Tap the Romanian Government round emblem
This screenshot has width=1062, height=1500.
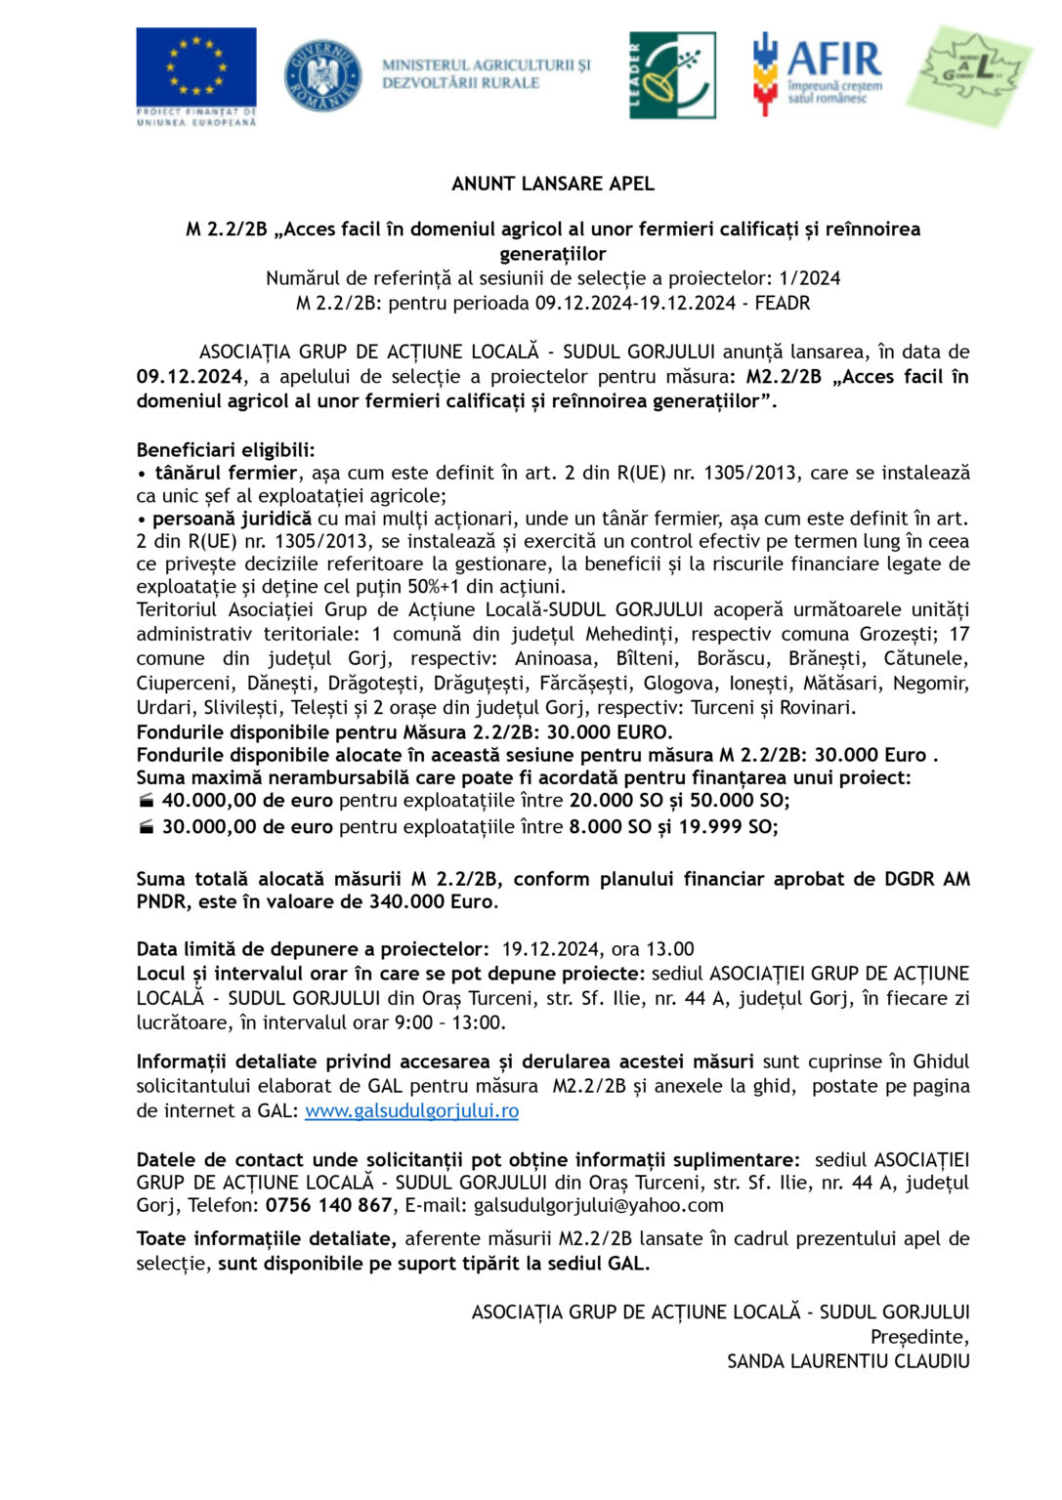pyautogui.click(x=322, y=75)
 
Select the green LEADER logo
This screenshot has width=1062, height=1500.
pyautogui.click(x=672, y=75)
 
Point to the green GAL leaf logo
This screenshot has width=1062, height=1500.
pyautogui.click(x=969, y=74)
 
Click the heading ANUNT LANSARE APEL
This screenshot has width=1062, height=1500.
pyautogui.click(x=553, y=184)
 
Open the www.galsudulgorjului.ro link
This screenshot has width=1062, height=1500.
pyautogui.click(x=411, y=1110)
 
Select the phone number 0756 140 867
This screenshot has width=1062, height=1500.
pyautogui.click(x=329, y=1205)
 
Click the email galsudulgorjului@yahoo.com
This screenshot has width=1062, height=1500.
pyautogui.click(x=598, y=1205)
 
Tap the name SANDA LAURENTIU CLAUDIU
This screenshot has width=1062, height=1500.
pyautogui.click(x=848, y=1360)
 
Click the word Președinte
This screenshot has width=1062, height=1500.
pyautogui.click(x=919, y=1336)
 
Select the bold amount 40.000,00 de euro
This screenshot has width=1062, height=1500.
pyautogui.click(x=247, y=801)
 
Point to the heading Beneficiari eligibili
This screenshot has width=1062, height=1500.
pyautogui.click(x=226, y=450)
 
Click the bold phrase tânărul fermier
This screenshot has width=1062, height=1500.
pyautogui.click(x=226, y=474)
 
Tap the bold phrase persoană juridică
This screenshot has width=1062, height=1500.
pyautogui.click(x=232, y=519)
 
